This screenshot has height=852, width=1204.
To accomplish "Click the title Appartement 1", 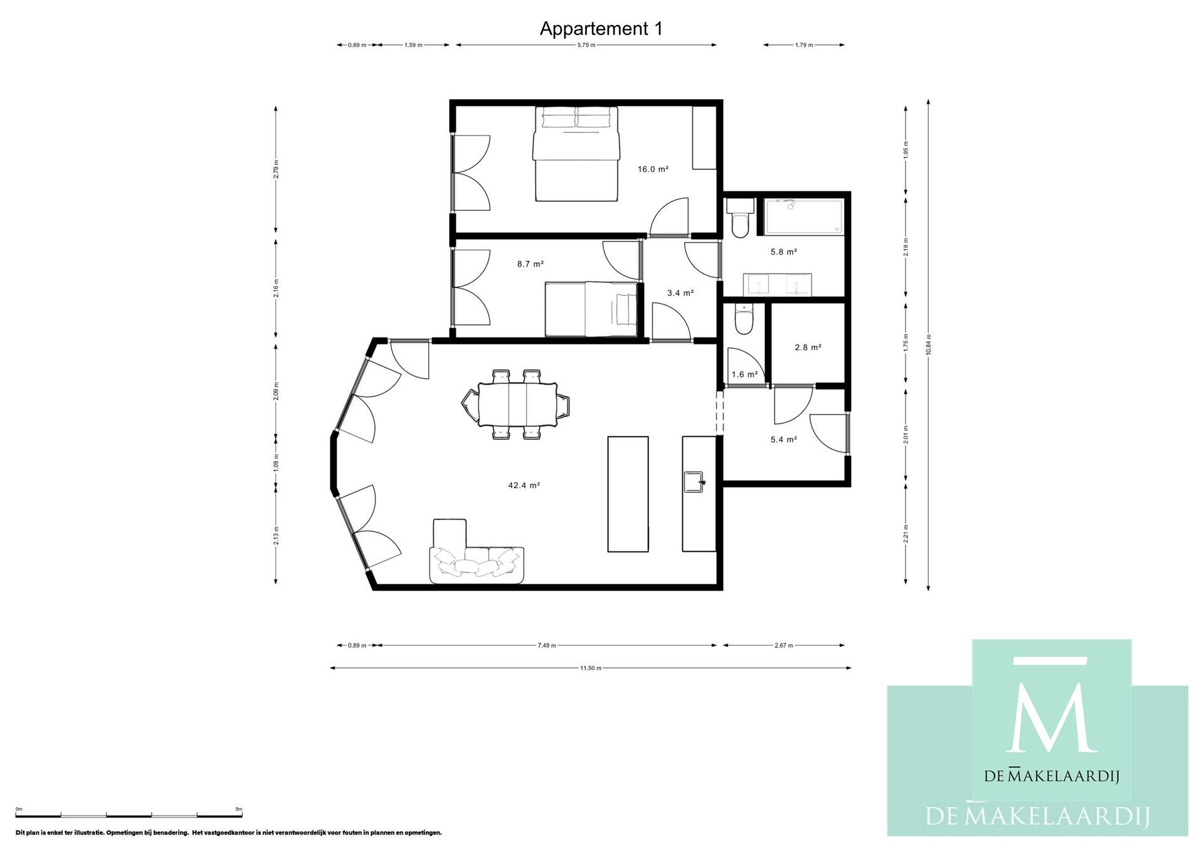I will coord(601,29).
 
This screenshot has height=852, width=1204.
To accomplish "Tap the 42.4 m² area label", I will coord(524,485).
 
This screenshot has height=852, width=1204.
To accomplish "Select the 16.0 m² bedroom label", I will coord(652,169).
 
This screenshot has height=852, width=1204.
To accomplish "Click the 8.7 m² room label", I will coord(530,264).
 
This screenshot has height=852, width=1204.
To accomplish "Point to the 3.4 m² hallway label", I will coord(680,293).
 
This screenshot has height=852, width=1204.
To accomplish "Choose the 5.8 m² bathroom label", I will coord(783,252).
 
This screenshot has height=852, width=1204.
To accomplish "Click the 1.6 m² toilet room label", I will coord(744,375).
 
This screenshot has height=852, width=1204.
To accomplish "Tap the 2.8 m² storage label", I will coord(808,347).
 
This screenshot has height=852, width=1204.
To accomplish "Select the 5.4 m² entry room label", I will coord(783,440).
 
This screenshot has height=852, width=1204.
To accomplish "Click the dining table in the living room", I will coord(517,404).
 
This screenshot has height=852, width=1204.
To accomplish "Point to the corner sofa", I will coord(477,562).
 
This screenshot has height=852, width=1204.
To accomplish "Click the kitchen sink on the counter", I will coord(694,482).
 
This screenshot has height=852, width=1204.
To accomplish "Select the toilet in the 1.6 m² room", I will coord(744,320).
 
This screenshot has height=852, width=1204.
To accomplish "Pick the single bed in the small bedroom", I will coord(591,309).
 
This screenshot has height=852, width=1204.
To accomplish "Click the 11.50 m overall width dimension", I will coord(590,668).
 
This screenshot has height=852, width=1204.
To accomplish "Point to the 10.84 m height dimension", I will coord(928,345).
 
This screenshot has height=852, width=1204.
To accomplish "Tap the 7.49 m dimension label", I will coord(546,645).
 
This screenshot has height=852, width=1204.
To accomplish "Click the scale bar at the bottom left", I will coord(129,815).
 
